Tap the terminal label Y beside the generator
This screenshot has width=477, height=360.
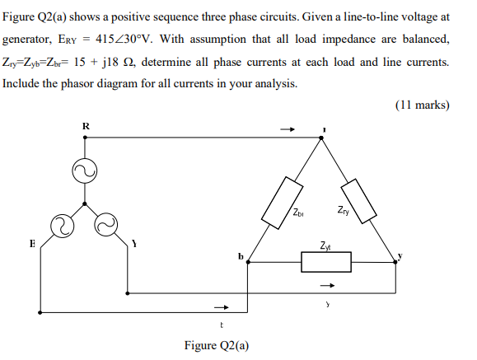[x=133, y=244]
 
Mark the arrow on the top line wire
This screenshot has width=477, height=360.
[x=288, y=129]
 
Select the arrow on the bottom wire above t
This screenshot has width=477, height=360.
[x=219, y=309]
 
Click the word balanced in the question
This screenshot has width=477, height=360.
[x=423, y=40]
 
